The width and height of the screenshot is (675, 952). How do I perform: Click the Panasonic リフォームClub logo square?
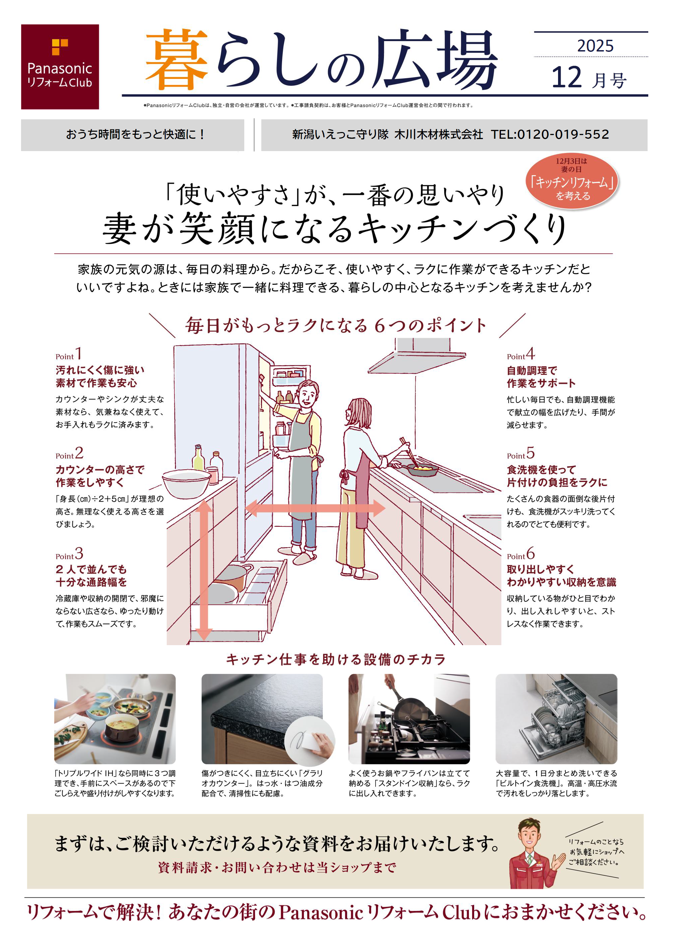click(x=60, y=67)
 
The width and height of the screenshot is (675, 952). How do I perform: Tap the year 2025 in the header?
click(x=595, y=46)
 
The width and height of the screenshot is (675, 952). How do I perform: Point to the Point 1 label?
click(x=69, y=354)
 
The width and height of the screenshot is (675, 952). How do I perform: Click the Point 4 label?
click(x=520, y=354)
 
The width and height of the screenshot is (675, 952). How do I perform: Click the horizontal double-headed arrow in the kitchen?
click(x=315, y=508)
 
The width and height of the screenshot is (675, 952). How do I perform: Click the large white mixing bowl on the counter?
click(x=186, y=483)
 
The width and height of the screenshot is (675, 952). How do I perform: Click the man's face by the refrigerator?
click(x=307, y=395)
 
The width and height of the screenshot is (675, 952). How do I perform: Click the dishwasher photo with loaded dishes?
click(x=556, y=719)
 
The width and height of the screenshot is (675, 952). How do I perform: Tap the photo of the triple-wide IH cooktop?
click(x=115, y=719)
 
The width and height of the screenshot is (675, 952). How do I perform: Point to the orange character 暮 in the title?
click(x=177, y=59)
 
